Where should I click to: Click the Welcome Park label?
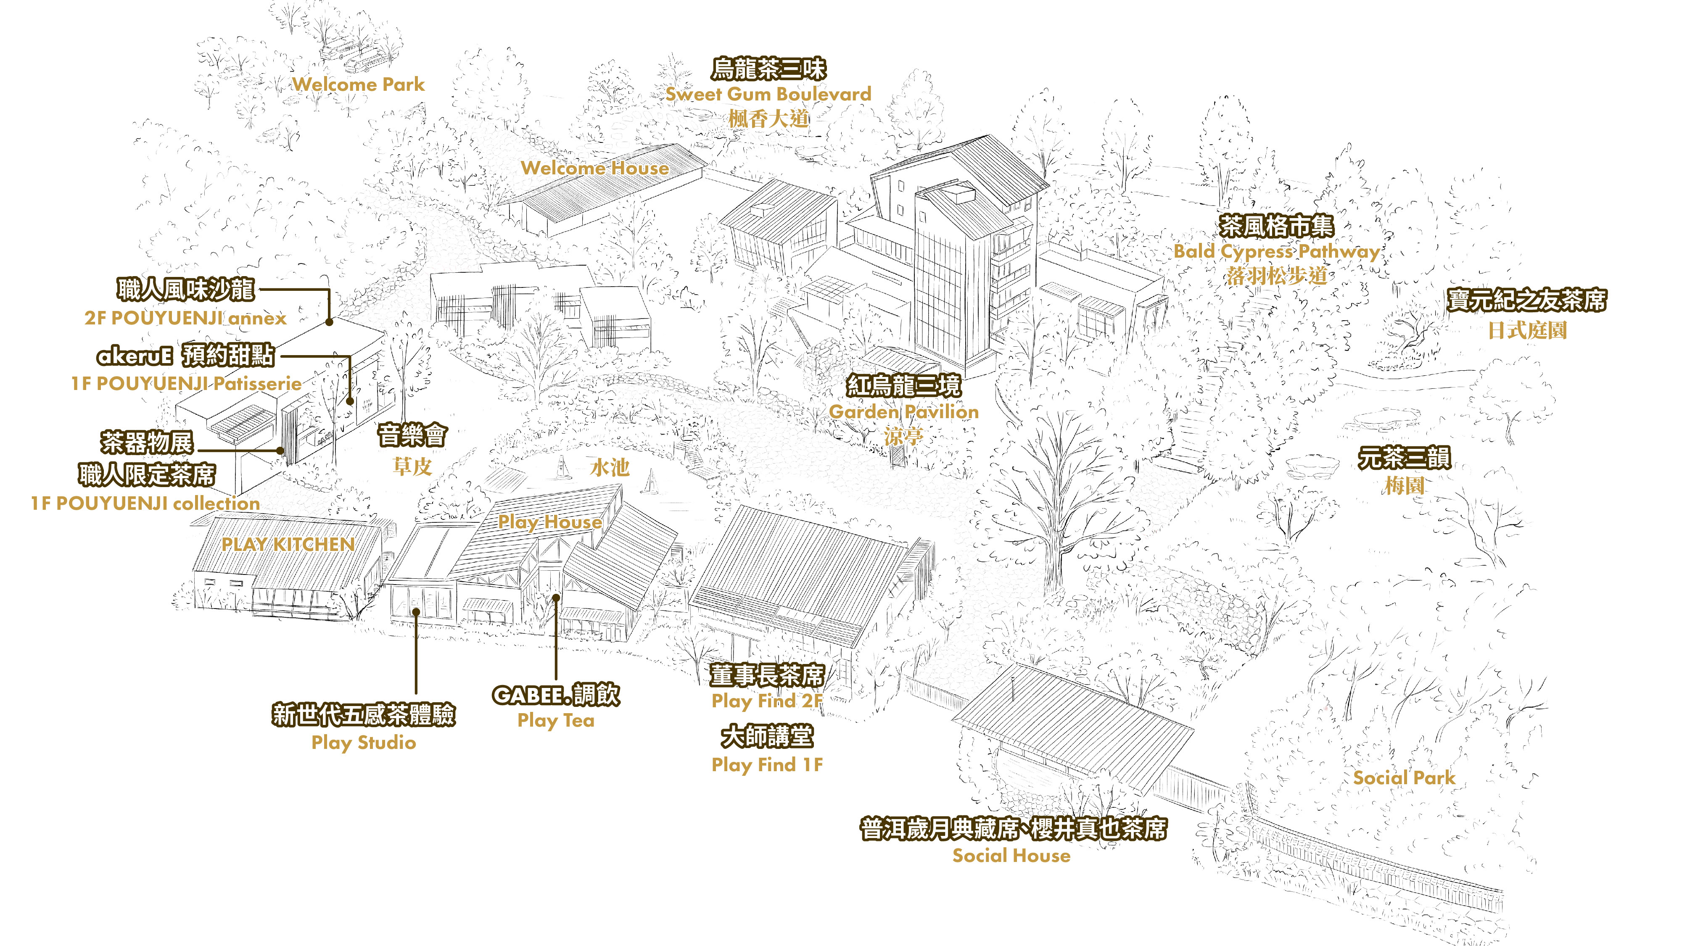pos(358,84)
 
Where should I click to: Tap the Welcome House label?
pos(594,168)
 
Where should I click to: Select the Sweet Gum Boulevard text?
pos(768,94)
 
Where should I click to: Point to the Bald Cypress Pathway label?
pos(1276,251)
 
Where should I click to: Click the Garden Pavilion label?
pos(904,412)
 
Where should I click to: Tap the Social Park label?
pos(1404,777)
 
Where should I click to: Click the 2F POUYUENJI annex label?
pos(185,318)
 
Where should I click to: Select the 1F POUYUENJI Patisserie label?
pos(186,384)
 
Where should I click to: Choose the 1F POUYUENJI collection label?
pos(145,503)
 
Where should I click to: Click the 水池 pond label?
pos(609,467)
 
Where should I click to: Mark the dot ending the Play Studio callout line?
pos(416,612)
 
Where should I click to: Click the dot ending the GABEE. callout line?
pos(556,597)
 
